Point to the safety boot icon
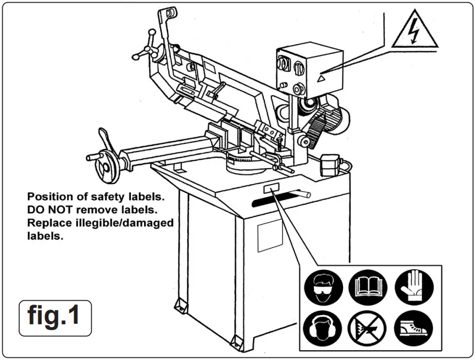(414, 328)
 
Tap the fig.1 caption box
(55, 317)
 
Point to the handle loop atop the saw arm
(171, 12)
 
